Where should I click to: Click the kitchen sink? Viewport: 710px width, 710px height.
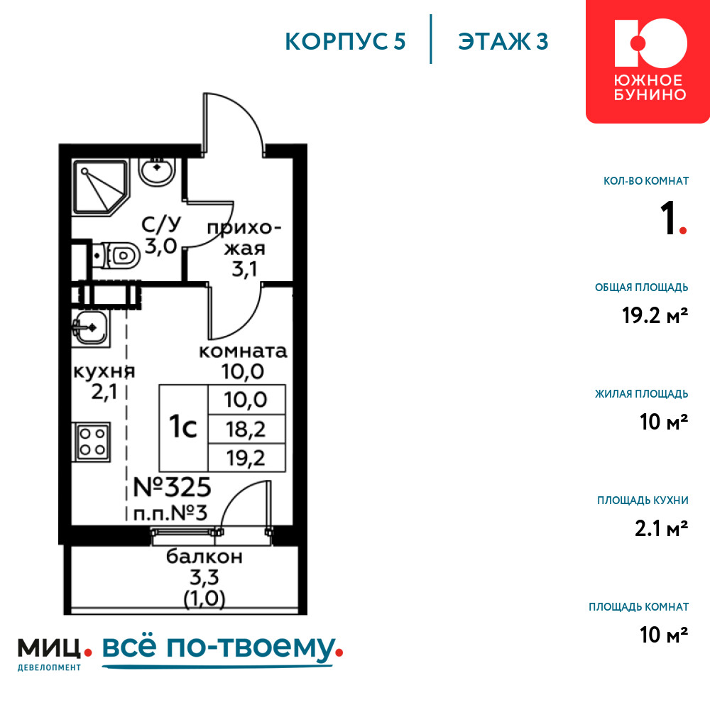[x=91, y=328]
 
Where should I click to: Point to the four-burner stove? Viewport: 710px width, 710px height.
[x=92, y=442]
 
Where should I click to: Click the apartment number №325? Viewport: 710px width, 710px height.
[x=172, y=488]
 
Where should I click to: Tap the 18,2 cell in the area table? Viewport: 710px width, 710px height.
[x=246, y=429]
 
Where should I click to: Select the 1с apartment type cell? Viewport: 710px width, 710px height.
[x=183, y=427]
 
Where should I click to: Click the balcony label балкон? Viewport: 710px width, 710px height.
[x=204, y=557]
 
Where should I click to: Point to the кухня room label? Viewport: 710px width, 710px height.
[x=104, y=371]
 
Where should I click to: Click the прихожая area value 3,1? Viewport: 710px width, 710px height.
[x=244, y=269]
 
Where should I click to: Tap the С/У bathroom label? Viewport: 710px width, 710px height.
[x=161, y=224]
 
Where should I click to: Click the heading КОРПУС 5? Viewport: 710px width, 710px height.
[x=345, y=42]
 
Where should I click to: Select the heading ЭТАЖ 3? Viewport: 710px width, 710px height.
[x=503, y=42]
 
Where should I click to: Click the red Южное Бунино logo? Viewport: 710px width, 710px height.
[x=648, y=62]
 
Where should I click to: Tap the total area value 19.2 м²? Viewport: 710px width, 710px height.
[x=655, y=315]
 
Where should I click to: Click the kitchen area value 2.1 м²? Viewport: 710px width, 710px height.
[x=661, y=528]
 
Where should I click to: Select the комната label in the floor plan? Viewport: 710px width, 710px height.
[x=243, y=351]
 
